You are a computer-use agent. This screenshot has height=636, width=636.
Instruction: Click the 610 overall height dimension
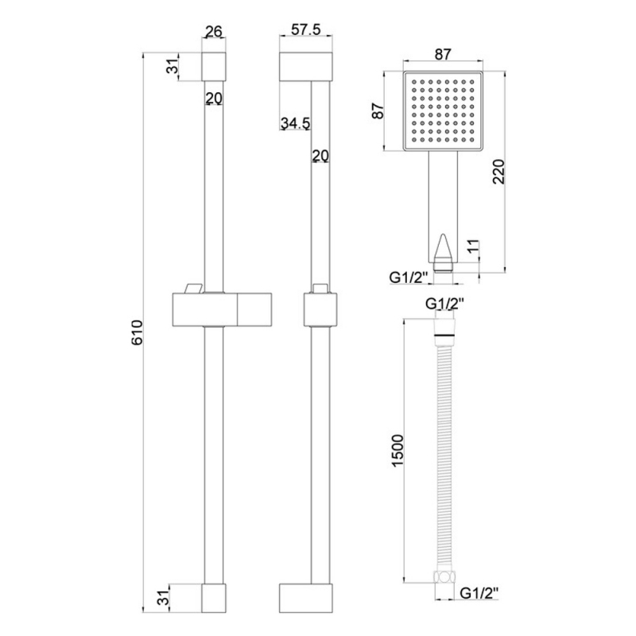[x=137, y=332]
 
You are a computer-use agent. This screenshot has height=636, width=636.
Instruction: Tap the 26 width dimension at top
[x=213, y=32]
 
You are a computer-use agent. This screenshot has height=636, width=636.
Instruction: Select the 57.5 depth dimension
[x=305, y=32]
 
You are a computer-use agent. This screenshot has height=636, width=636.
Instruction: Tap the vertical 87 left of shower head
[x=379, y=111]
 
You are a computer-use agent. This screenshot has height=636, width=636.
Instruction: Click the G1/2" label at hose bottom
[x=480, y=592]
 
